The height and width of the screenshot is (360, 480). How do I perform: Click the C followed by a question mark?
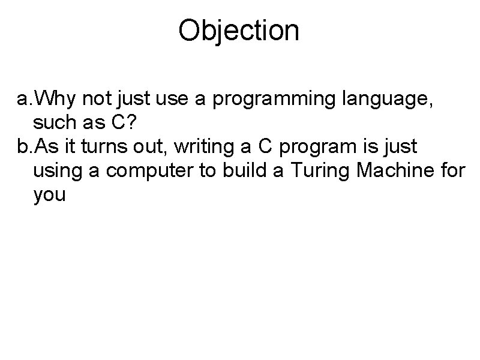click(118, 123)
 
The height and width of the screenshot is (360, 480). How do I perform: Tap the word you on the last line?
click(50, 197)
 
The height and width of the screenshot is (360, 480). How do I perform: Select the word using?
click(57, 172)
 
